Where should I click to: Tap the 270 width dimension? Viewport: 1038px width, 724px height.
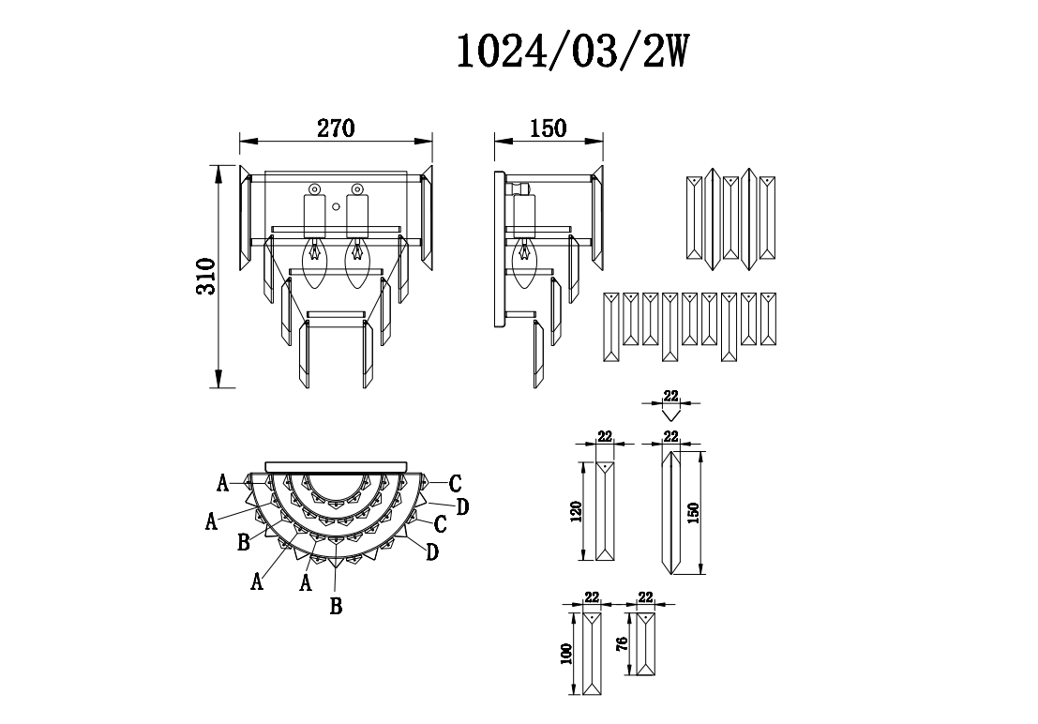pos(335,128)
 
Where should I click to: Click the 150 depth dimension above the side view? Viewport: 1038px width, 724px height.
pos(548,128)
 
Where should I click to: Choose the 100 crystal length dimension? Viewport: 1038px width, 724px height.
pos(564,654)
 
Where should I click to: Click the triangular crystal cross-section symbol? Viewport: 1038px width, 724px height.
pos(669,411)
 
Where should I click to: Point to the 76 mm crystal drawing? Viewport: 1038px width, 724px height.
pos(645,644)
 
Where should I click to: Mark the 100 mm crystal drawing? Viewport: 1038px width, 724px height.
pos(591,654)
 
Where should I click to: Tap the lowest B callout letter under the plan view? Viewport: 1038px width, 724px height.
pos(336,606)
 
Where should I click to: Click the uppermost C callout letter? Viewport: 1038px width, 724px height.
pos(455,484)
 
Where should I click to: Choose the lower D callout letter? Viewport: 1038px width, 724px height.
pos(432,551)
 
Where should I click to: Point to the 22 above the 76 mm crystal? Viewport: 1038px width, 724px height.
pos(645,596)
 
